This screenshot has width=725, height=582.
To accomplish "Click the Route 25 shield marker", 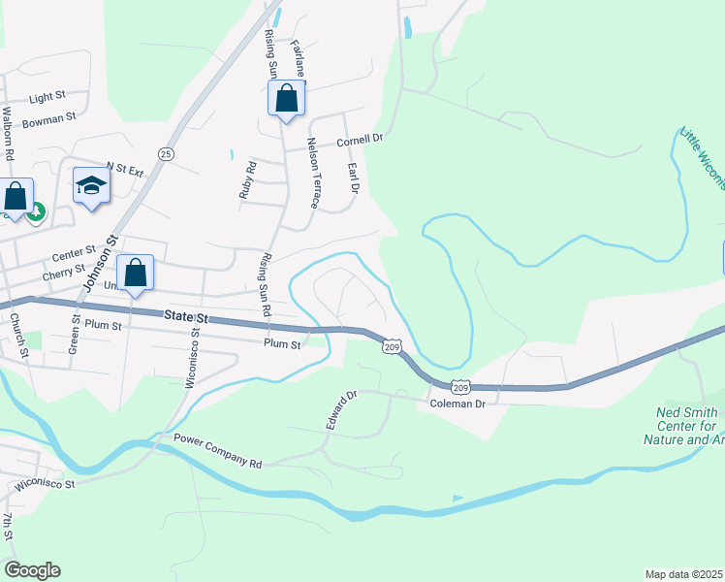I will click(167, 154).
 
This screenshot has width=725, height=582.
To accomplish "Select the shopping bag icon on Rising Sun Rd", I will click(286, 98).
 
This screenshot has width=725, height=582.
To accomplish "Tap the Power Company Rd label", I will click(218, 451).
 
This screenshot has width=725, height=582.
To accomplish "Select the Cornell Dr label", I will click(361, 140).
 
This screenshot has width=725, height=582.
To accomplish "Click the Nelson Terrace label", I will click(313, 173).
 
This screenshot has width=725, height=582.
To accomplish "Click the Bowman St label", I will click(48, 119).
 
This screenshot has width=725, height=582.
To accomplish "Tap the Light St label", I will click(47, 98).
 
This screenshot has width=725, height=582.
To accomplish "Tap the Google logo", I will click(32, 570).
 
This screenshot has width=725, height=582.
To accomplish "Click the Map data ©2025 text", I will click(684, 574).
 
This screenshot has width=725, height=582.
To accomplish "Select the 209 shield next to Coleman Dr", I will click(461, 385).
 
